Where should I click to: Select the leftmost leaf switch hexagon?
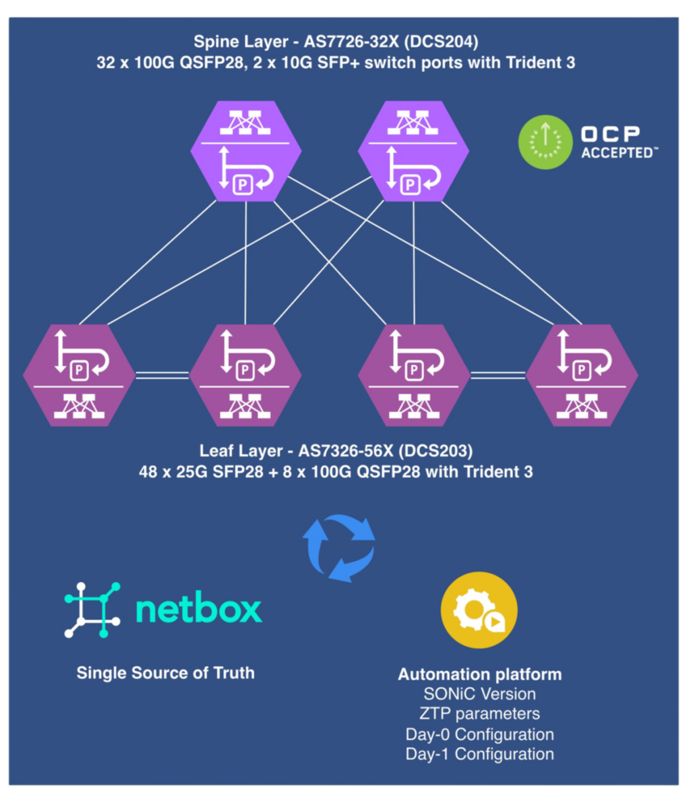click(80, 375)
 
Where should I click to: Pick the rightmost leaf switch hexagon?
click(582, 375)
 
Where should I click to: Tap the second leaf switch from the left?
click(245, 375)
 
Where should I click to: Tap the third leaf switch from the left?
click(414, 375)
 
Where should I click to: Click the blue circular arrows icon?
click(338, 547)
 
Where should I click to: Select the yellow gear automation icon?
click(479, 610)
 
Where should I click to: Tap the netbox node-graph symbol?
click(92, 610)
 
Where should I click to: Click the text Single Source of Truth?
click(166, 672)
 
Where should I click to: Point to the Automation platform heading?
click(479, 674)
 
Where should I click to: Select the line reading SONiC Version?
click(479, 694)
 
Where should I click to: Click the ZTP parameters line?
click(479, 713)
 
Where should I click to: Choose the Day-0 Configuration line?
click(479, 734)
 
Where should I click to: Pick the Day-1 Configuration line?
click(479, 754)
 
